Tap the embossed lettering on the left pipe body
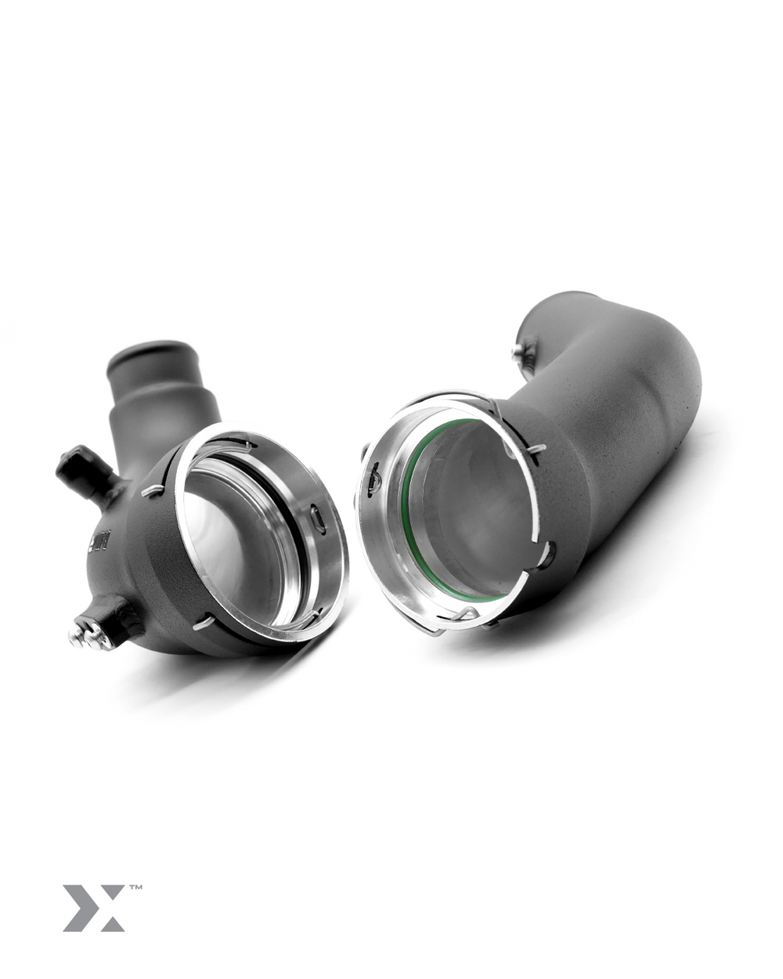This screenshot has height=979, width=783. (100, 540)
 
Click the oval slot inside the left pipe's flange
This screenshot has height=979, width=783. (318, 520)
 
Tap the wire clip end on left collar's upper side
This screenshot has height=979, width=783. (153, 490)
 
